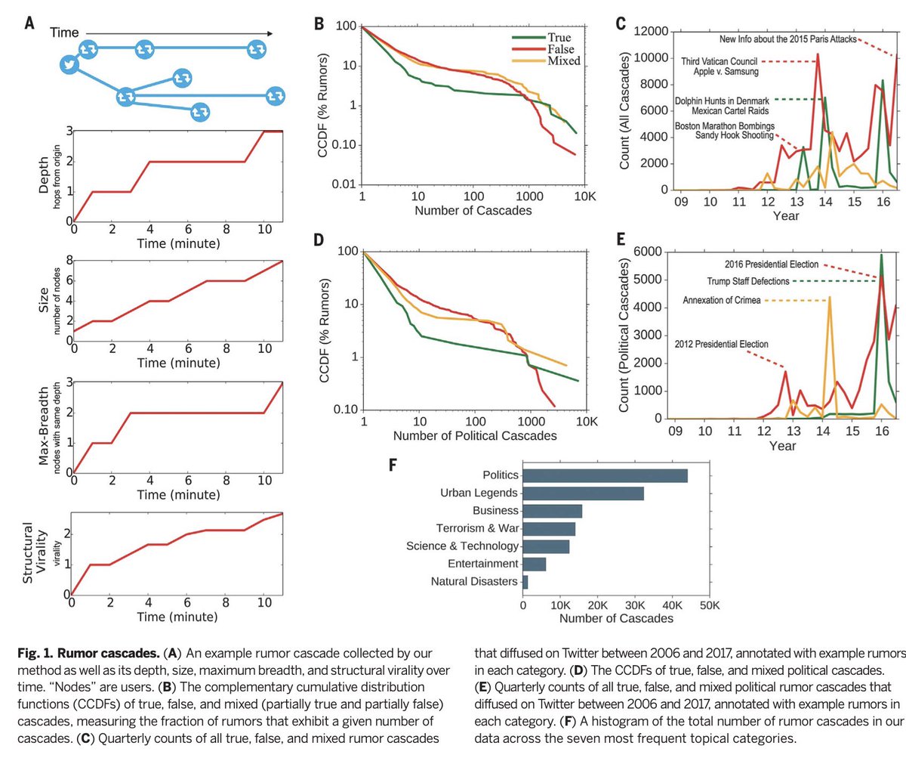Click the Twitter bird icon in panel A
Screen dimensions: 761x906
coord(70,66)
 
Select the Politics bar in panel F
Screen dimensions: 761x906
coord(605,475)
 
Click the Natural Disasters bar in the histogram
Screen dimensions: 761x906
coord(525,581)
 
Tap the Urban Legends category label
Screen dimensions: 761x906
coord(479,493)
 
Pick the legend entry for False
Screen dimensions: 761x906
coord(562,48)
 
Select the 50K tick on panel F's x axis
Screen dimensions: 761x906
coord(708,605)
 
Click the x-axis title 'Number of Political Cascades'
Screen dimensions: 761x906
coord(474,436)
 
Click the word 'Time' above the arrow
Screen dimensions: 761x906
coord(64,32)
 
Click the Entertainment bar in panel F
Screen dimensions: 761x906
coord(534,564)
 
